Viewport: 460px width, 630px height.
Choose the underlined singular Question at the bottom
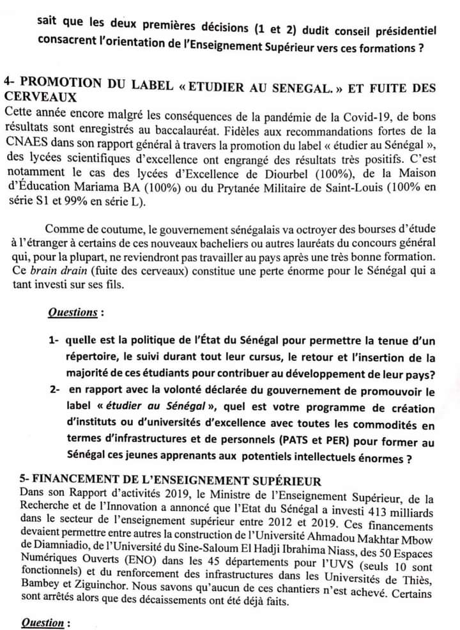click(x=43, y=622)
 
